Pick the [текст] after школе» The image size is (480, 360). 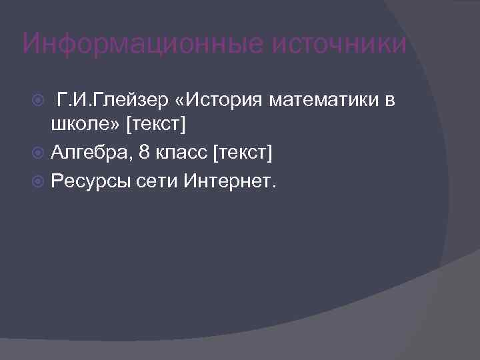pyautogui.click(x=156, y=125)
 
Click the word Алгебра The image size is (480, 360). pyautogui.click(x=92, y=154)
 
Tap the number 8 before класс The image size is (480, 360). pyautogui.click(x=145, y=154)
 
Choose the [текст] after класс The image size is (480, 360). pyautogui.click(x=243, y=154)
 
